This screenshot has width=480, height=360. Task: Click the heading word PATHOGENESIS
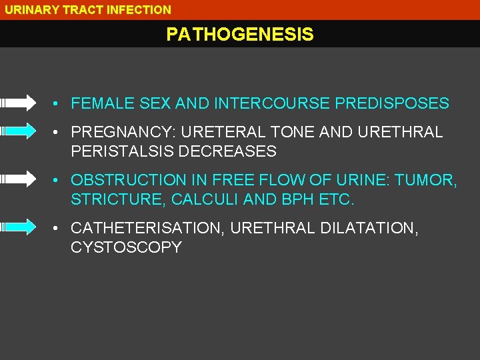239,35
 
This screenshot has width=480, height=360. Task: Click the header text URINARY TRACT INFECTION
88,10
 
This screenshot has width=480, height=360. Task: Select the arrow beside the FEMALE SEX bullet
19,103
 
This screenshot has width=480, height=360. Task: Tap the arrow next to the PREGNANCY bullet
19,131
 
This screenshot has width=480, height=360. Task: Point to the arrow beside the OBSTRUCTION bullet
19,179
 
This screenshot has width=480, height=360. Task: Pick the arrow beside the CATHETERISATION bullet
19,227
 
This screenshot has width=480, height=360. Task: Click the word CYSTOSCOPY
126,247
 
